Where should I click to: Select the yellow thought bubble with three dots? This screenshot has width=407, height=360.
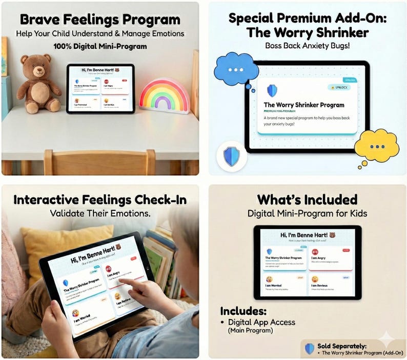[x=377, y=146]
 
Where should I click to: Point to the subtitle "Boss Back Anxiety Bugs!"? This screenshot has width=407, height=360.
[x=308, y=46]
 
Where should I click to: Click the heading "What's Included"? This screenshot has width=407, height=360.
[x=307, y=199]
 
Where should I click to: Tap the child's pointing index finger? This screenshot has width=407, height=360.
[x=126, y=282]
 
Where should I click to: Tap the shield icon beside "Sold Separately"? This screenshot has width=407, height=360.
[x=309, y=349]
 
